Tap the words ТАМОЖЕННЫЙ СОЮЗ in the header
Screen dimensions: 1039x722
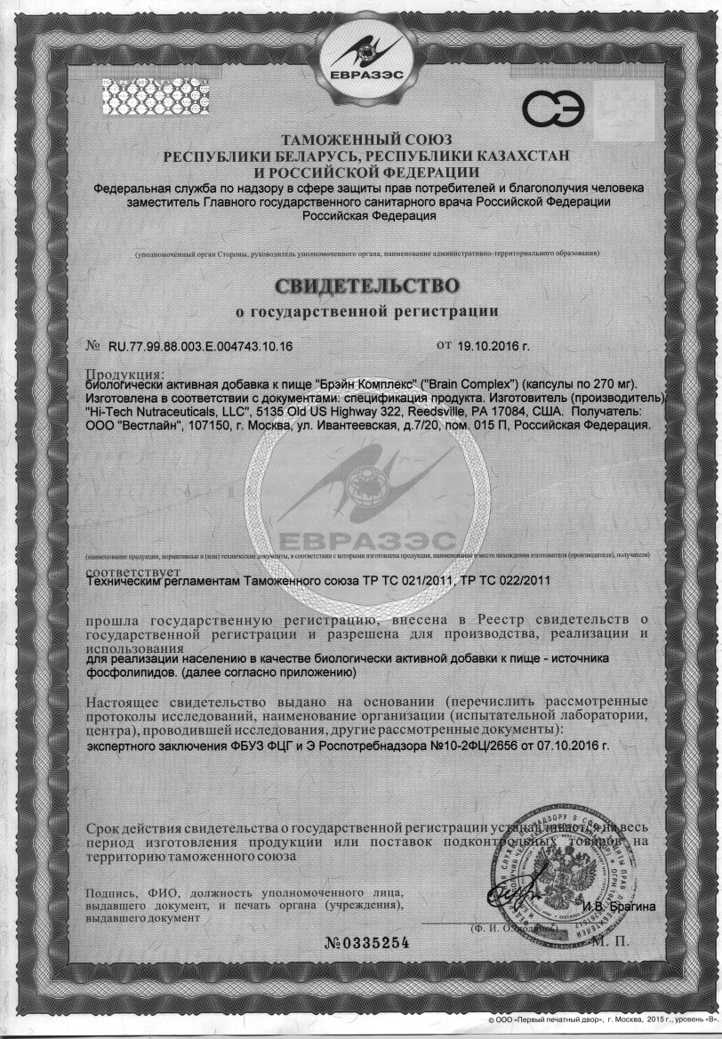[x=366, y=140]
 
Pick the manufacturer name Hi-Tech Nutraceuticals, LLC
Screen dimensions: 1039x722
[x=171, y=412]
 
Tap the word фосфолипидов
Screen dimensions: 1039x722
[x=131, y=673]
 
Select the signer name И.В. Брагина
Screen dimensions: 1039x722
[x=619, y=906]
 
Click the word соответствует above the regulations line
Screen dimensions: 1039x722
[x=133, y=569]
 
